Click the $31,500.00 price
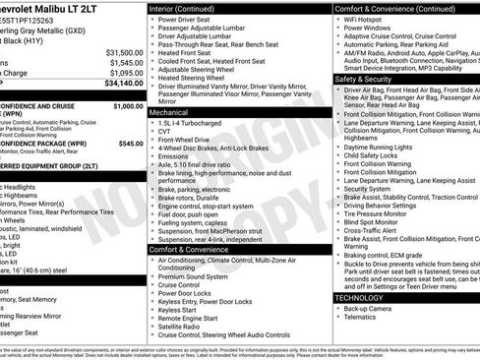point(124,52)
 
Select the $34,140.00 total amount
point(124,84)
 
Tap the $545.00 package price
point(130,143)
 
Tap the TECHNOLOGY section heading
point(360,296)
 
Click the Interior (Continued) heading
point(189,7)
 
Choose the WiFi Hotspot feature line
point(368,19)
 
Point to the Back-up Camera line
point(368,308)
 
